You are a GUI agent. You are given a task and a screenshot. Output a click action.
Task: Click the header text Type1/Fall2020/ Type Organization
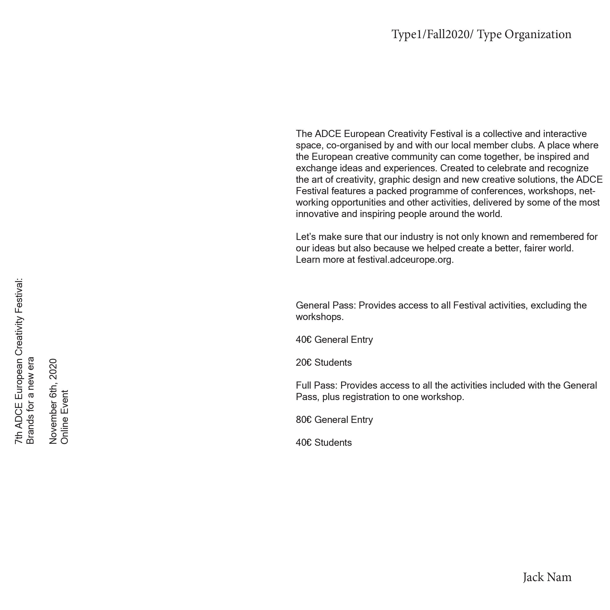[x=481, y=34]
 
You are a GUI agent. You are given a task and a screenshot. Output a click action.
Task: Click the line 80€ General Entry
[x=334, y=420]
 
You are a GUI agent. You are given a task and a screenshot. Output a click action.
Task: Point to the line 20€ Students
[x=324, y=363]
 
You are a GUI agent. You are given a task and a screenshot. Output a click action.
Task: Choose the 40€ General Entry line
[x=334, y=340]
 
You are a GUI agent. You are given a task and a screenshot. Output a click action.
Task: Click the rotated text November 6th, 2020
[x=53, y=401]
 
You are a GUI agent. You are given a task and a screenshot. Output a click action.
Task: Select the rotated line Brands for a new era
[x=30, y=400]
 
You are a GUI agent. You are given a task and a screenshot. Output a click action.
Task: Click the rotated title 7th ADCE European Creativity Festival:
[x=19, y=361]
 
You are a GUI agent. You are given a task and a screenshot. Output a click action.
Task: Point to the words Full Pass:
[x=317, y=386]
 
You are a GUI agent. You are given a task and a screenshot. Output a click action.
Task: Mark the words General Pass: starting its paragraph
[x=326, y=306]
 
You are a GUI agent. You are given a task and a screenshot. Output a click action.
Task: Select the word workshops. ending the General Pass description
[x=319, y=317]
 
